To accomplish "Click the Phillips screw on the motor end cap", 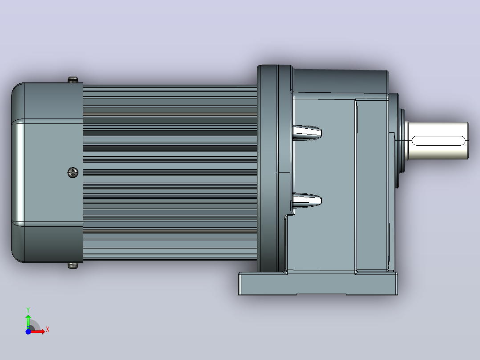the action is coord(73,172).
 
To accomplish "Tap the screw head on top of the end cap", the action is coord(73,80).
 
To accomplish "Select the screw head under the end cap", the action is coord(73,266).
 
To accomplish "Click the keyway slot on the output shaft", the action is coord(438,141).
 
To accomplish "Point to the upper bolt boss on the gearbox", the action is coord(307,132).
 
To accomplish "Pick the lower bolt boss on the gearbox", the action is coord(307,200).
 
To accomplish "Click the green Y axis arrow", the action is coord(28,321).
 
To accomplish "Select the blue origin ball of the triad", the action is coord(28,331).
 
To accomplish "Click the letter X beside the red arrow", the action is coord(48,330).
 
